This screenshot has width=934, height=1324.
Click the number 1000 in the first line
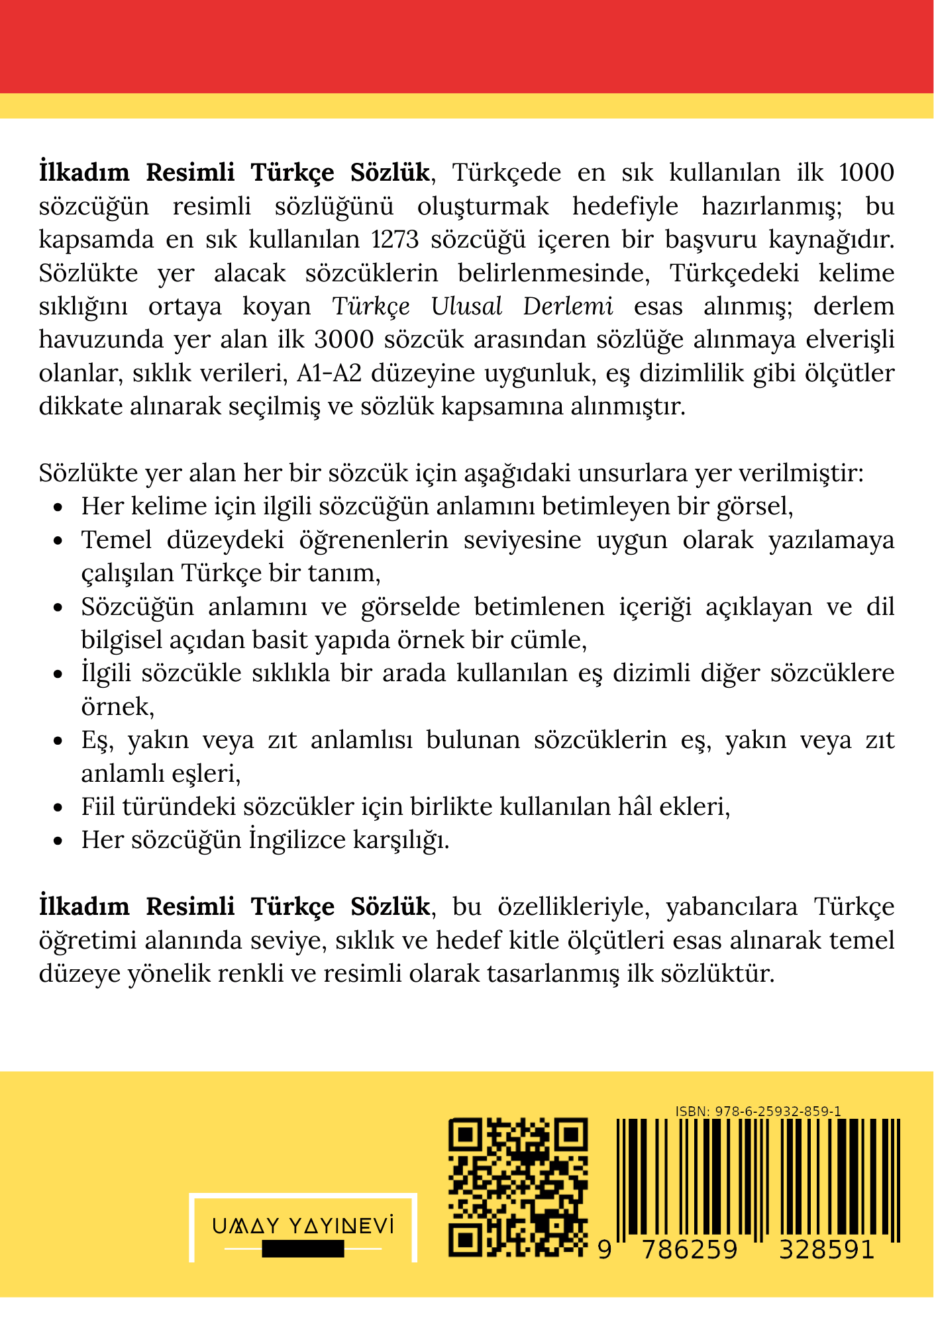pyautogui.click(x=866, y=173)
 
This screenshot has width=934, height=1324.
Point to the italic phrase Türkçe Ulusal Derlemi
pyautogui.click(x=472, y=307)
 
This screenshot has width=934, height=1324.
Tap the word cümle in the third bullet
pyautogui.click(x=552, y=640)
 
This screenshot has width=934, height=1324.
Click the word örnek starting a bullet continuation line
pyautogui.click(x=117, y=707)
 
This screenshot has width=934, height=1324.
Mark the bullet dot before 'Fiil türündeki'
pyautogui.click(x=58, y=808)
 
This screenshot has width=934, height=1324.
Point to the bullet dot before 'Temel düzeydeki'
pyautogui.click(x=58, y=541)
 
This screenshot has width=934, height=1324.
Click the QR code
pyautogui.click(x=518, y=1188)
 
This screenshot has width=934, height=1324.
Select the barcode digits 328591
pyautogui.click(x=826, y=1250)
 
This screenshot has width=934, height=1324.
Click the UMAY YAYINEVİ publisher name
pyautogui.click(x=303, y=1227)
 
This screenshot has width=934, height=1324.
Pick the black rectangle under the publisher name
pyautogui.click(x=303, y=1249)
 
